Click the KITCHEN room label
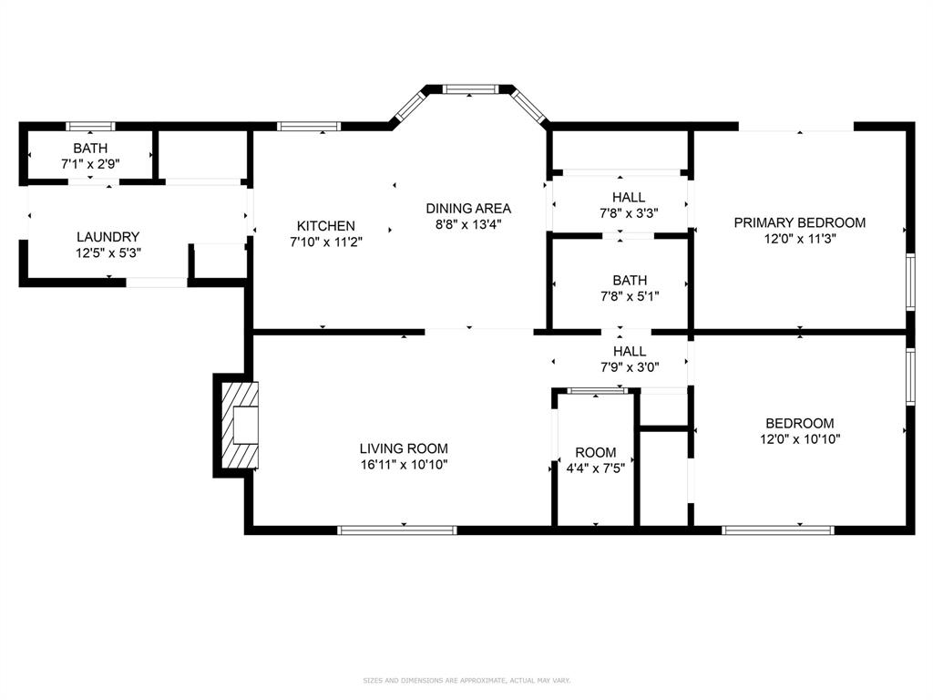coord(325,226)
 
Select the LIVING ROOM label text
coord(403,448)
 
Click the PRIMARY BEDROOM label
coord(799,222)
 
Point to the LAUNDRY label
coord(108,237)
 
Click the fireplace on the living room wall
coord(239,425)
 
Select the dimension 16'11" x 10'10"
coord(403,465)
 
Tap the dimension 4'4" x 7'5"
coord(595,468)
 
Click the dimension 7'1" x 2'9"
coord(90,164)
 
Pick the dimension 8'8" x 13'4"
coord(468,223)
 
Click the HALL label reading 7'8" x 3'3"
coord(628,197)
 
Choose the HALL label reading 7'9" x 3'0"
coord(629,351)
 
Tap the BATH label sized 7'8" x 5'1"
coord(629,281)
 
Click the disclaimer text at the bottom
coord(466,681)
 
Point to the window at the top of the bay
coord(470,89)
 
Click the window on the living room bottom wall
coord(396,530)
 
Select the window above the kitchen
coord(308,127)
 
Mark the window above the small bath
coord(90,127)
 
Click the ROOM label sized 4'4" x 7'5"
coord(595,453)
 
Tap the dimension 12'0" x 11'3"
coord(799,239)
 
